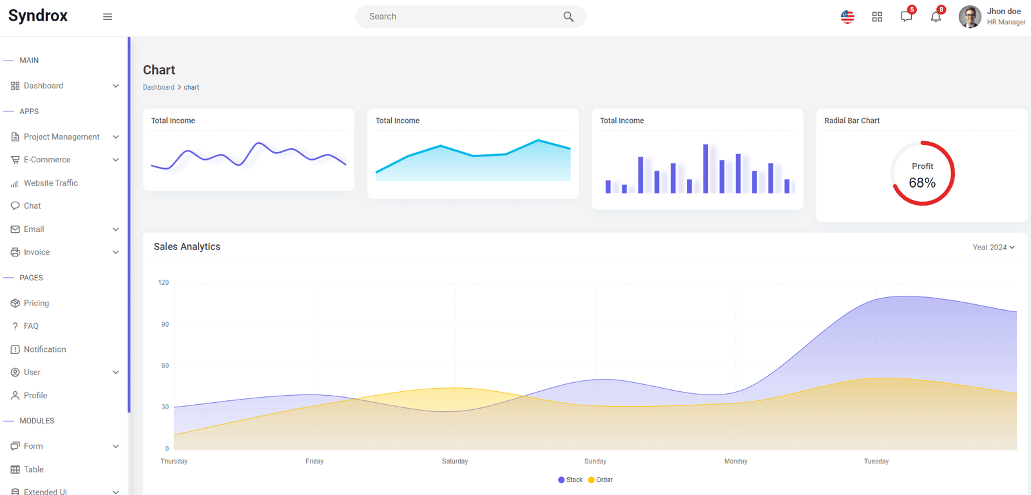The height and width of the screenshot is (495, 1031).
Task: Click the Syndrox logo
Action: pos(38,15)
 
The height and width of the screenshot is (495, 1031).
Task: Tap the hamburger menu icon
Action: pos(107,17)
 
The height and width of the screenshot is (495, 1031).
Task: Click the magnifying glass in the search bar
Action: pos(568,17)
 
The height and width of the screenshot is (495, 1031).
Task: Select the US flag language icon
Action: pos(847,17)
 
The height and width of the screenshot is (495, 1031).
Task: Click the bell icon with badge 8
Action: pos(936,17)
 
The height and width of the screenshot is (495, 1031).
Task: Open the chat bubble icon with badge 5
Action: pos(906,17)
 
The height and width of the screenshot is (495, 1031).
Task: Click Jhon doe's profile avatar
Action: pos(970,17)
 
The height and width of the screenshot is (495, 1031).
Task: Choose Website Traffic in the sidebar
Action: pos(51,183)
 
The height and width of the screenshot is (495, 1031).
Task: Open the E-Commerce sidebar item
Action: pos(47,160)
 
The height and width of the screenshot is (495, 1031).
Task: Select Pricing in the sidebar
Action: pos(36,303)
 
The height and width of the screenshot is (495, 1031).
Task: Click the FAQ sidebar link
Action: pos(31,326)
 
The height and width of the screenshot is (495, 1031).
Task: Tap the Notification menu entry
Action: pos(44,349)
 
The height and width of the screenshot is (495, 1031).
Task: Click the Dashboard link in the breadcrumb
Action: pos(159,87)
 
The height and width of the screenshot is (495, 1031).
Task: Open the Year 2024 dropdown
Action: pos(993,247)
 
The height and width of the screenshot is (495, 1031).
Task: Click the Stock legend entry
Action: pos(570,480)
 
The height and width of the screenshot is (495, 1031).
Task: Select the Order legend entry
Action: pos(601,480)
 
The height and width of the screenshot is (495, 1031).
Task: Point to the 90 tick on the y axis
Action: pos(165,324)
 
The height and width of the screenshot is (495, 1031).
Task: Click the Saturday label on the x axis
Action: pos(455,461)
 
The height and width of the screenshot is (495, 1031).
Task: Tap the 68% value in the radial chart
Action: pos(922,183)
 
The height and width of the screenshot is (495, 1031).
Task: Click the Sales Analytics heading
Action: pos(187,247)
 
